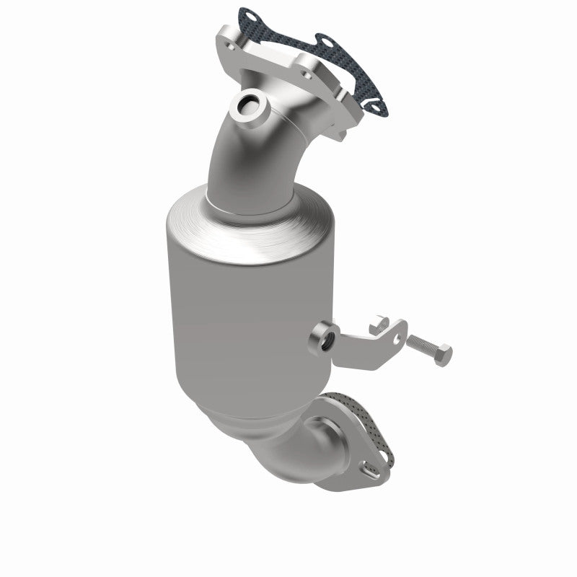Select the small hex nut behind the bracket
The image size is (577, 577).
(379, 328)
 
